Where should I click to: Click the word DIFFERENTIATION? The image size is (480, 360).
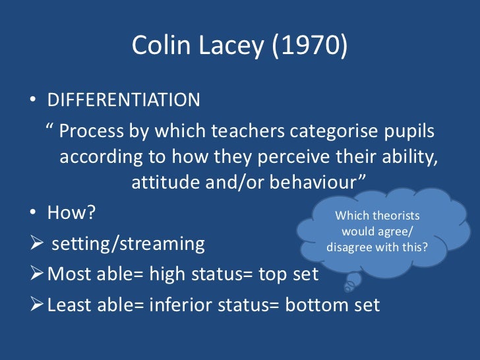tap(124, 100)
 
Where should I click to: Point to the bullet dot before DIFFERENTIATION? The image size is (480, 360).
tap(33, 101)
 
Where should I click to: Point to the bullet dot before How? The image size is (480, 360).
tap(33, 213)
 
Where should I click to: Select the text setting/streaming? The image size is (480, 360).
tap(128, 244)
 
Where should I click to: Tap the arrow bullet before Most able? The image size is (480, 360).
tap(37, 273)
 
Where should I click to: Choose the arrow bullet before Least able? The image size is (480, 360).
tap(37, 305)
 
